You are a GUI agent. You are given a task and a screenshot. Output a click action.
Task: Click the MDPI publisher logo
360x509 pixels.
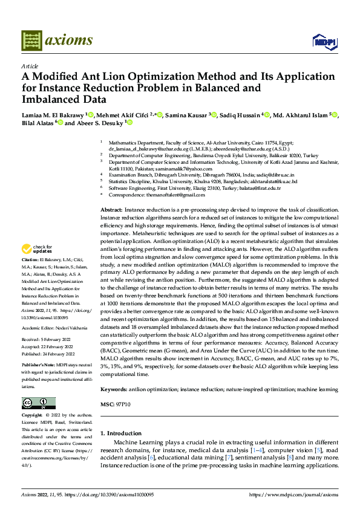coord(323,41)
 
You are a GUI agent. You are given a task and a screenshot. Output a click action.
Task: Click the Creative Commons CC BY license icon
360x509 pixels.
coord(38,403)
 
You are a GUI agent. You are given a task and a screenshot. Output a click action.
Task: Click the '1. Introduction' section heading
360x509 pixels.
coord(123,433)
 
